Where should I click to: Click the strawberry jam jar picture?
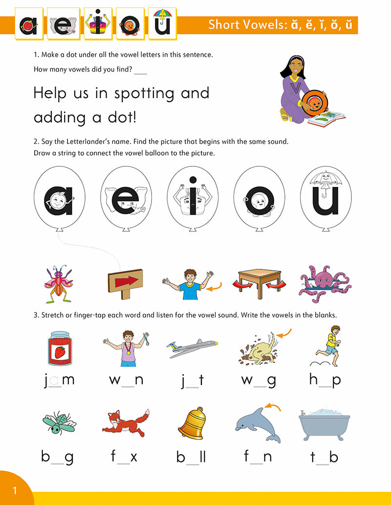pos(59,345)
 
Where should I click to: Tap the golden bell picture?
pos(190,422)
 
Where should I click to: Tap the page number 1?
pos(15,490)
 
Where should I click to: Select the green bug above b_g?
pos(58,423)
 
